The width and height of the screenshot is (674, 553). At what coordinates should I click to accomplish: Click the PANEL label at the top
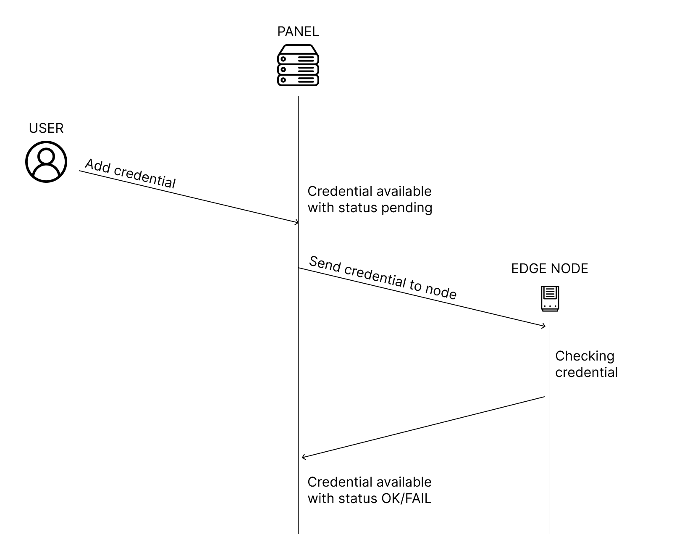pyautogui.click(x=298, y=32)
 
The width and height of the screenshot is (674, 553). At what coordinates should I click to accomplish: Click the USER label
pyautogui.click(x=46, y=129)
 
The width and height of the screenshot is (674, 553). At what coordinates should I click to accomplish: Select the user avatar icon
pyautogui.click(x=46, y=162)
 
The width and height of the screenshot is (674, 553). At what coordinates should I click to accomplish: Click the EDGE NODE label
pyautogui.click(x=549, y=269)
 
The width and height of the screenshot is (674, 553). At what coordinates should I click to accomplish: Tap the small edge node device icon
pyautogui.click(x=550, y=299)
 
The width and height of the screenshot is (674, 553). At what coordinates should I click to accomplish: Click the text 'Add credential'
pyautogui.click(x=130, y=174)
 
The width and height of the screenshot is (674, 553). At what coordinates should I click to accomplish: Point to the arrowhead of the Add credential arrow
pyautogui.click(x=297, y=222)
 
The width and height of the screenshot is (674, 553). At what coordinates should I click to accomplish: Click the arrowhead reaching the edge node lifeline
pyautogui.click(x=544, y=326)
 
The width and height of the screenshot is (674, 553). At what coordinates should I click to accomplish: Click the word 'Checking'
pyautogui.click(x=585, y=356)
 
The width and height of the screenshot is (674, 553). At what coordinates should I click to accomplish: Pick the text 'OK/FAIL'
pyautogui.click(x=406, y=499)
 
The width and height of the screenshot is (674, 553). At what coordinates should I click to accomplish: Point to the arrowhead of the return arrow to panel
pyautogui.click(x=303, y=457)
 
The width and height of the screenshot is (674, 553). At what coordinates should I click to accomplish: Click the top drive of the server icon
pyautogui.click(x=298, y=58)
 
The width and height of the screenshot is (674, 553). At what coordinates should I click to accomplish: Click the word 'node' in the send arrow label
pyautogui.click(x=441, y=291)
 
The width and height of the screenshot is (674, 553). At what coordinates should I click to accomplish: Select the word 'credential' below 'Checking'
pyautogui.click(x=586, y=373)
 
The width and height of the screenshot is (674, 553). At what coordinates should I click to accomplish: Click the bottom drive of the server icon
pyautogui.click(x=298, y=80)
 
